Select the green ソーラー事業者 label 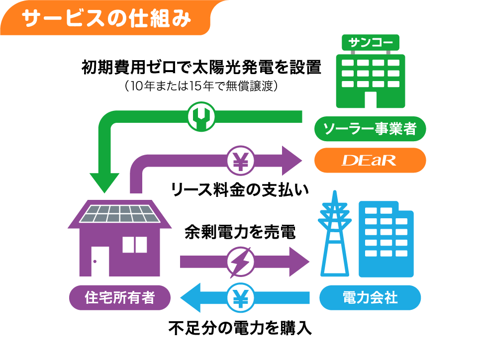(x=370, y=130)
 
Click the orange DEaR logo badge (x=370, y=160)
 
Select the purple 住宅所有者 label (x=119, y=298)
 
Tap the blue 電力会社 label (x=370, y=298)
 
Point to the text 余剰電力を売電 (x=240, y=232)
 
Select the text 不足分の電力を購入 (x=240, y=328)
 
